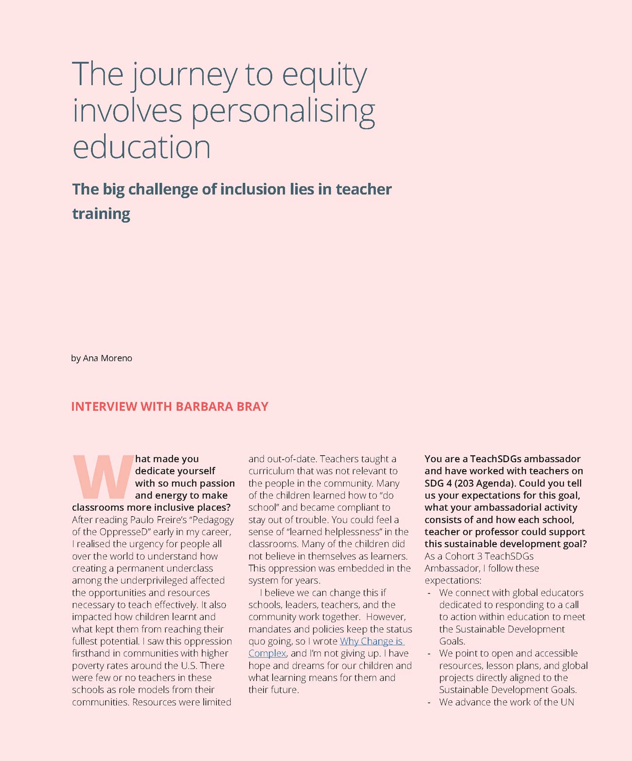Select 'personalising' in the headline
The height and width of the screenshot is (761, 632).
(283, 111)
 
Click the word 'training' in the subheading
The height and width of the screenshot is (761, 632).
(101, 213)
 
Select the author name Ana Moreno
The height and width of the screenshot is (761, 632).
(107, 358)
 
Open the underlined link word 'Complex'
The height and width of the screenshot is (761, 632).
(267, 654)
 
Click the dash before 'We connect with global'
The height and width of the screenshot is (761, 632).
(428, 593)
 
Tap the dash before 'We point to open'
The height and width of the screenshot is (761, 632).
(428, 654)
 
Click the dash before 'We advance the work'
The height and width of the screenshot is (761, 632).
(428, 702)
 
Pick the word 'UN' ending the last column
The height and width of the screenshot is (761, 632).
(567, 702)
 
